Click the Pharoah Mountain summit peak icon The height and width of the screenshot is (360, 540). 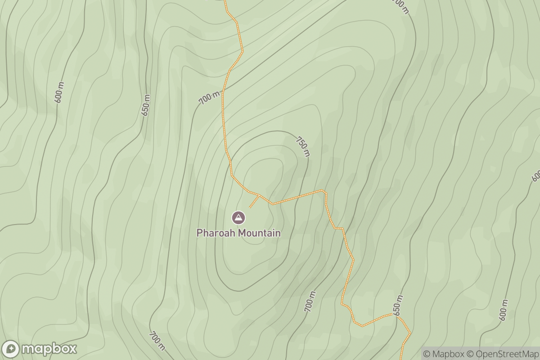click(238, 218)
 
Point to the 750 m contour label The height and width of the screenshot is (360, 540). click(302, 146)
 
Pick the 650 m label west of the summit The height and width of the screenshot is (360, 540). click(145, 105)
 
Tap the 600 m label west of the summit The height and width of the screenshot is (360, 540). click(59, 92)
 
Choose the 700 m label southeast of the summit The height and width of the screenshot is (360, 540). click(310, 301)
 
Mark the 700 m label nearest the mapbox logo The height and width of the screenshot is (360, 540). click(157, 341)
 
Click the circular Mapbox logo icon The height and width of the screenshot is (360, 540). click(11, 349)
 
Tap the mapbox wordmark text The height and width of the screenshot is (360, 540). click(49, 349)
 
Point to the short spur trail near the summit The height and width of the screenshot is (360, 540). click(254, 202)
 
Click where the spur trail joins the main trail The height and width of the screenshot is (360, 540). click(259, 195)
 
